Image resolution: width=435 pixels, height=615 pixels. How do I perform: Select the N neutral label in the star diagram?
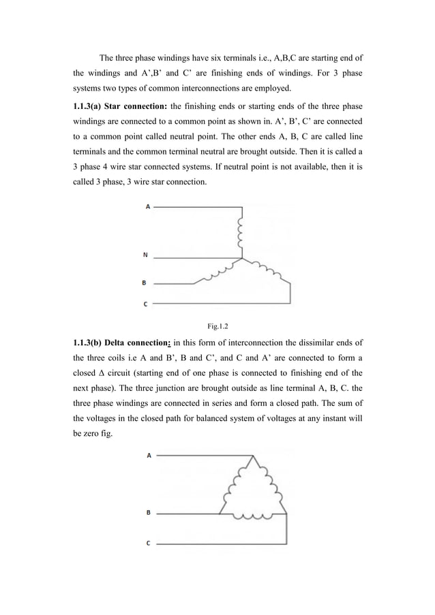pos(145,256)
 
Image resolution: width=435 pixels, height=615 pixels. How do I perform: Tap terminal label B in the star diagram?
pos(144,281)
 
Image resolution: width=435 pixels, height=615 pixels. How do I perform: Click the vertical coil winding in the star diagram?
pos(239,233)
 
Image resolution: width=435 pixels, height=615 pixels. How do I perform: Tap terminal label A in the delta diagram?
pos(149,456)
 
